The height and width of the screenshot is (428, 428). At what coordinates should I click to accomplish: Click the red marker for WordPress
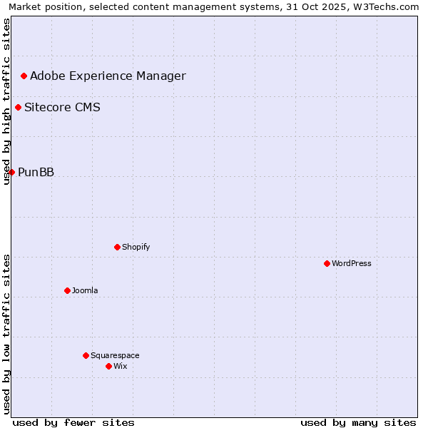coord(327,263)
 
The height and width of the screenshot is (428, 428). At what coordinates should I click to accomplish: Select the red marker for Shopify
coord(117,247)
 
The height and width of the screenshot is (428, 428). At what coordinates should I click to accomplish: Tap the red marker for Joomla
coord(67,290)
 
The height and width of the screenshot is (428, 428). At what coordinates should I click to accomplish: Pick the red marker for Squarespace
coord(86,355)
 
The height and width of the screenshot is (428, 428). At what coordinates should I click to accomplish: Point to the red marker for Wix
coord(108,366)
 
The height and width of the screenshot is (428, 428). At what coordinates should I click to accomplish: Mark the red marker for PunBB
coord(11,172)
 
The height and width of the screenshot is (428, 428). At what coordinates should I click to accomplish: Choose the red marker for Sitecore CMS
coord(18,108)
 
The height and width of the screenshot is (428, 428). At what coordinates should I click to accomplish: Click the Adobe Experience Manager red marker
coord(24,76)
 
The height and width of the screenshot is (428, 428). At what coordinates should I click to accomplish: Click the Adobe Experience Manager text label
coord(108,76)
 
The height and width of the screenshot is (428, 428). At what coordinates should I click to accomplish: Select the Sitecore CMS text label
coord(62,108)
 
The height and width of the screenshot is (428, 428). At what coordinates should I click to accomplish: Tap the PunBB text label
coord(36,172)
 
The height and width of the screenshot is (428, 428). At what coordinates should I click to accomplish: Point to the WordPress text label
coord(352,263)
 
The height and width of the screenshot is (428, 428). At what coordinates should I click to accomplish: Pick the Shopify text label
coord(136,247)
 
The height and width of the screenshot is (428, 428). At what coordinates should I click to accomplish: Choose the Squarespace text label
coord(115,355)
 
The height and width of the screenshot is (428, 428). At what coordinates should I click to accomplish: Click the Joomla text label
coord(85,290)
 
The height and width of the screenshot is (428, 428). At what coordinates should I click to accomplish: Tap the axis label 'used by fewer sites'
coord(73,422)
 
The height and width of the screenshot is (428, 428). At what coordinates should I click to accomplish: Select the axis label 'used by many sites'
coord(358,422)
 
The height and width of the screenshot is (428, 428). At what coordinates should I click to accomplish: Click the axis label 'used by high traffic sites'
coord(7,101)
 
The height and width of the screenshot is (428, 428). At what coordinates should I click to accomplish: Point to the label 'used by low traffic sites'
coord(7,334)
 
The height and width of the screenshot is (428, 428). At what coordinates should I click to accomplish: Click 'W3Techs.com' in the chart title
coord(389,6)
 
